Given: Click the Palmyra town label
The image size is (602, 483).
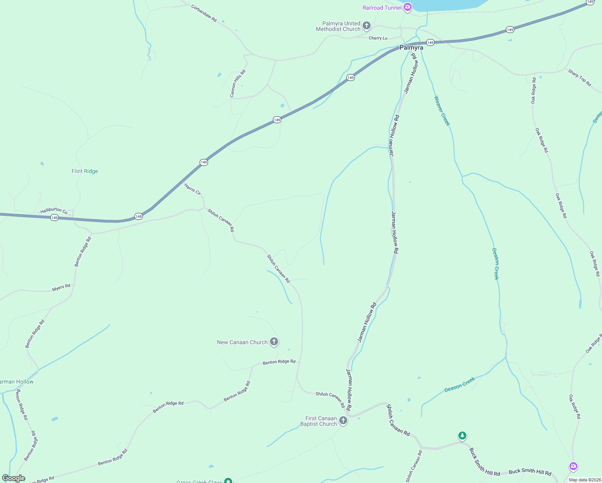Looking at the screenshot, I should (411, 47).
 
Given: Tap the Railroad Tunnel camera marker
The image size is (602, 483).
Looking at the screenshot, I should (408, 7).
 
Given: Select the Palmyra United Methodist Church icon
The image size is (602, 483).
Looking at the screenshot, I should (367, 26).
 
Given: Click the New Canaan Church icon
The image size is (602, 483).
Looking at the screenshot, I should (274, 342).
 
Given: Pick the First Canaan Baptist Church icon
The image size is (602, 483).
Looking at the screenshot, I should (343, 421).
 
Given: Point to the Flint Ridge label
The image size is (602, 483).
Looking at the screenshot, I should (85, 171).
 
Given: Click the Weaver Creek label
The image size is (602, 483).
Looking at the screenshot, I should (441, 111).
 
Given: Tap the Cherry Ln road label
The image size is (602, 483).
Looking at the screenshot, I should (378, 38).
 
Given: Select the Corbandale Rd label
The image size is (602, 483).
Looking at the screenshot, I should (204, 13).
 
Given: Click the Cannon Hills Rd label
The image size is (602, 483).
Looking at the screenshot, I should (237, 84).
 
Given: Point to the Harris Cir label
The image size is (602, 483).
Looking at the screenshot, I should (192, 189).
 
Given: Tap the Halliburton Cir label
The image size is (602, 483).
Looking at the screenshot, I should (54, 210).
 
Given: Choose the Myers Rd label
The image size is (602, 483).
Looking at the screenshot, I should (61, 288).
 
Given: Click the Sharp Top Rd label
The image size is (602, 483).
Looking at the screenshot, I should (579, 78).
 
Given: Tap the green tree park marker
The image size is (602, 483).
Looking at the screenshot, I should (462, 436).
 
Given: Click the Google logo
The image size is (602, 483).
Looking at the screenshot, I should (14, 478).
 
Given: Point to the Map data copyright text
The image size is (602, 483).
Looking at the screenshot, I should (585, 480).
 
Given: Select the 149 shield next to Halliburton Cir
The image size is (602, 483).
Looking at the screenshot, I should (55, 218).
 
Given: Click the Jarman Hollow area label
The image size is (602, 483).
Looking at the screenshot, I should (17, 382).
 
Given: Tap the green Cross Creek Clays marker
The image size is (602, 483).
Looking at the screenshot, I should (228, 481).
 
